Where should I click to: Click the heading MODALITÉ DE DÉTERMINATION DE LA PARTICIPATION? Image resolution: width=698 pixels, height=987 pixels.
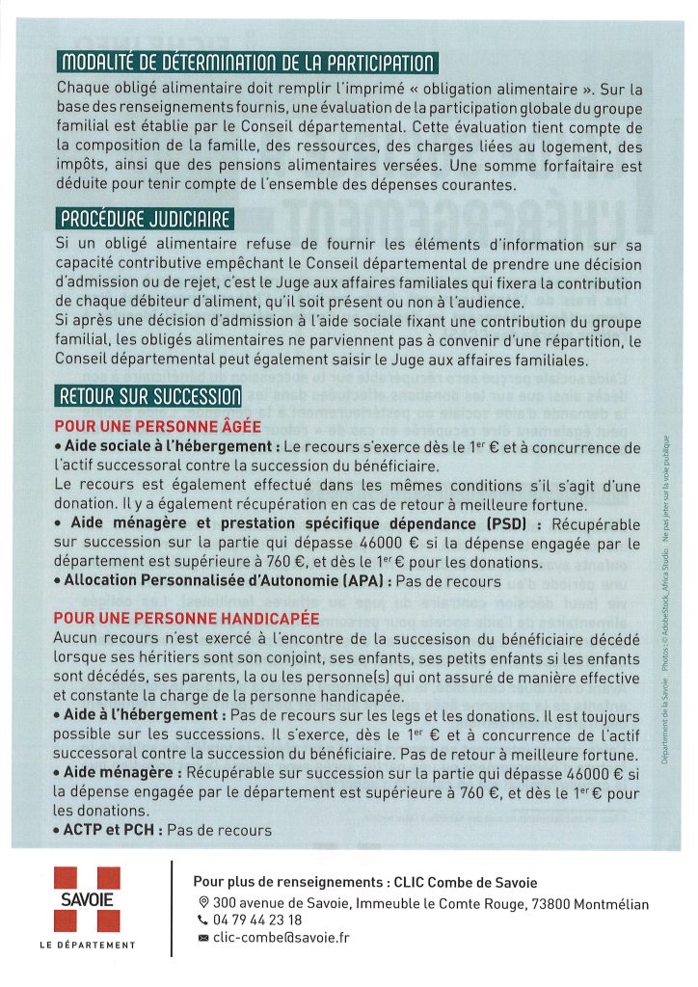[248, 65]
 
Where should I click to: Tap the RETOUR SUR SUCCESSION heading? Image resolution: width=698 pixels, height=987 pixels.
[149, 396]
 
